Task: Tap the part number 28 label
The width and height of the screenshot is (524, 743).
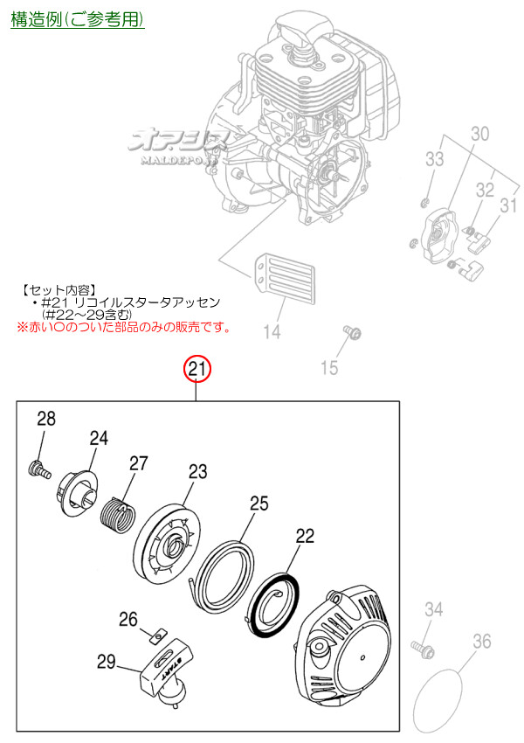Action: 45,420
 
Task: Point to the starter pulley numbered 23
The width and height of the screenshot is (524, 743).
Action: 169,547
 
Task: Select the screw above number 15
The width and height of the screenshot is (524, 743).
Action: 355,333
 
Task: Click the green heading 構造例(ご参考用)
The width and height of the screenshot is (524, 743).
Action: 77,19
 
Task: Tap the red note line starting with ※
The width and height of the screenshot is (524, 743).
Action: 122,328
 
